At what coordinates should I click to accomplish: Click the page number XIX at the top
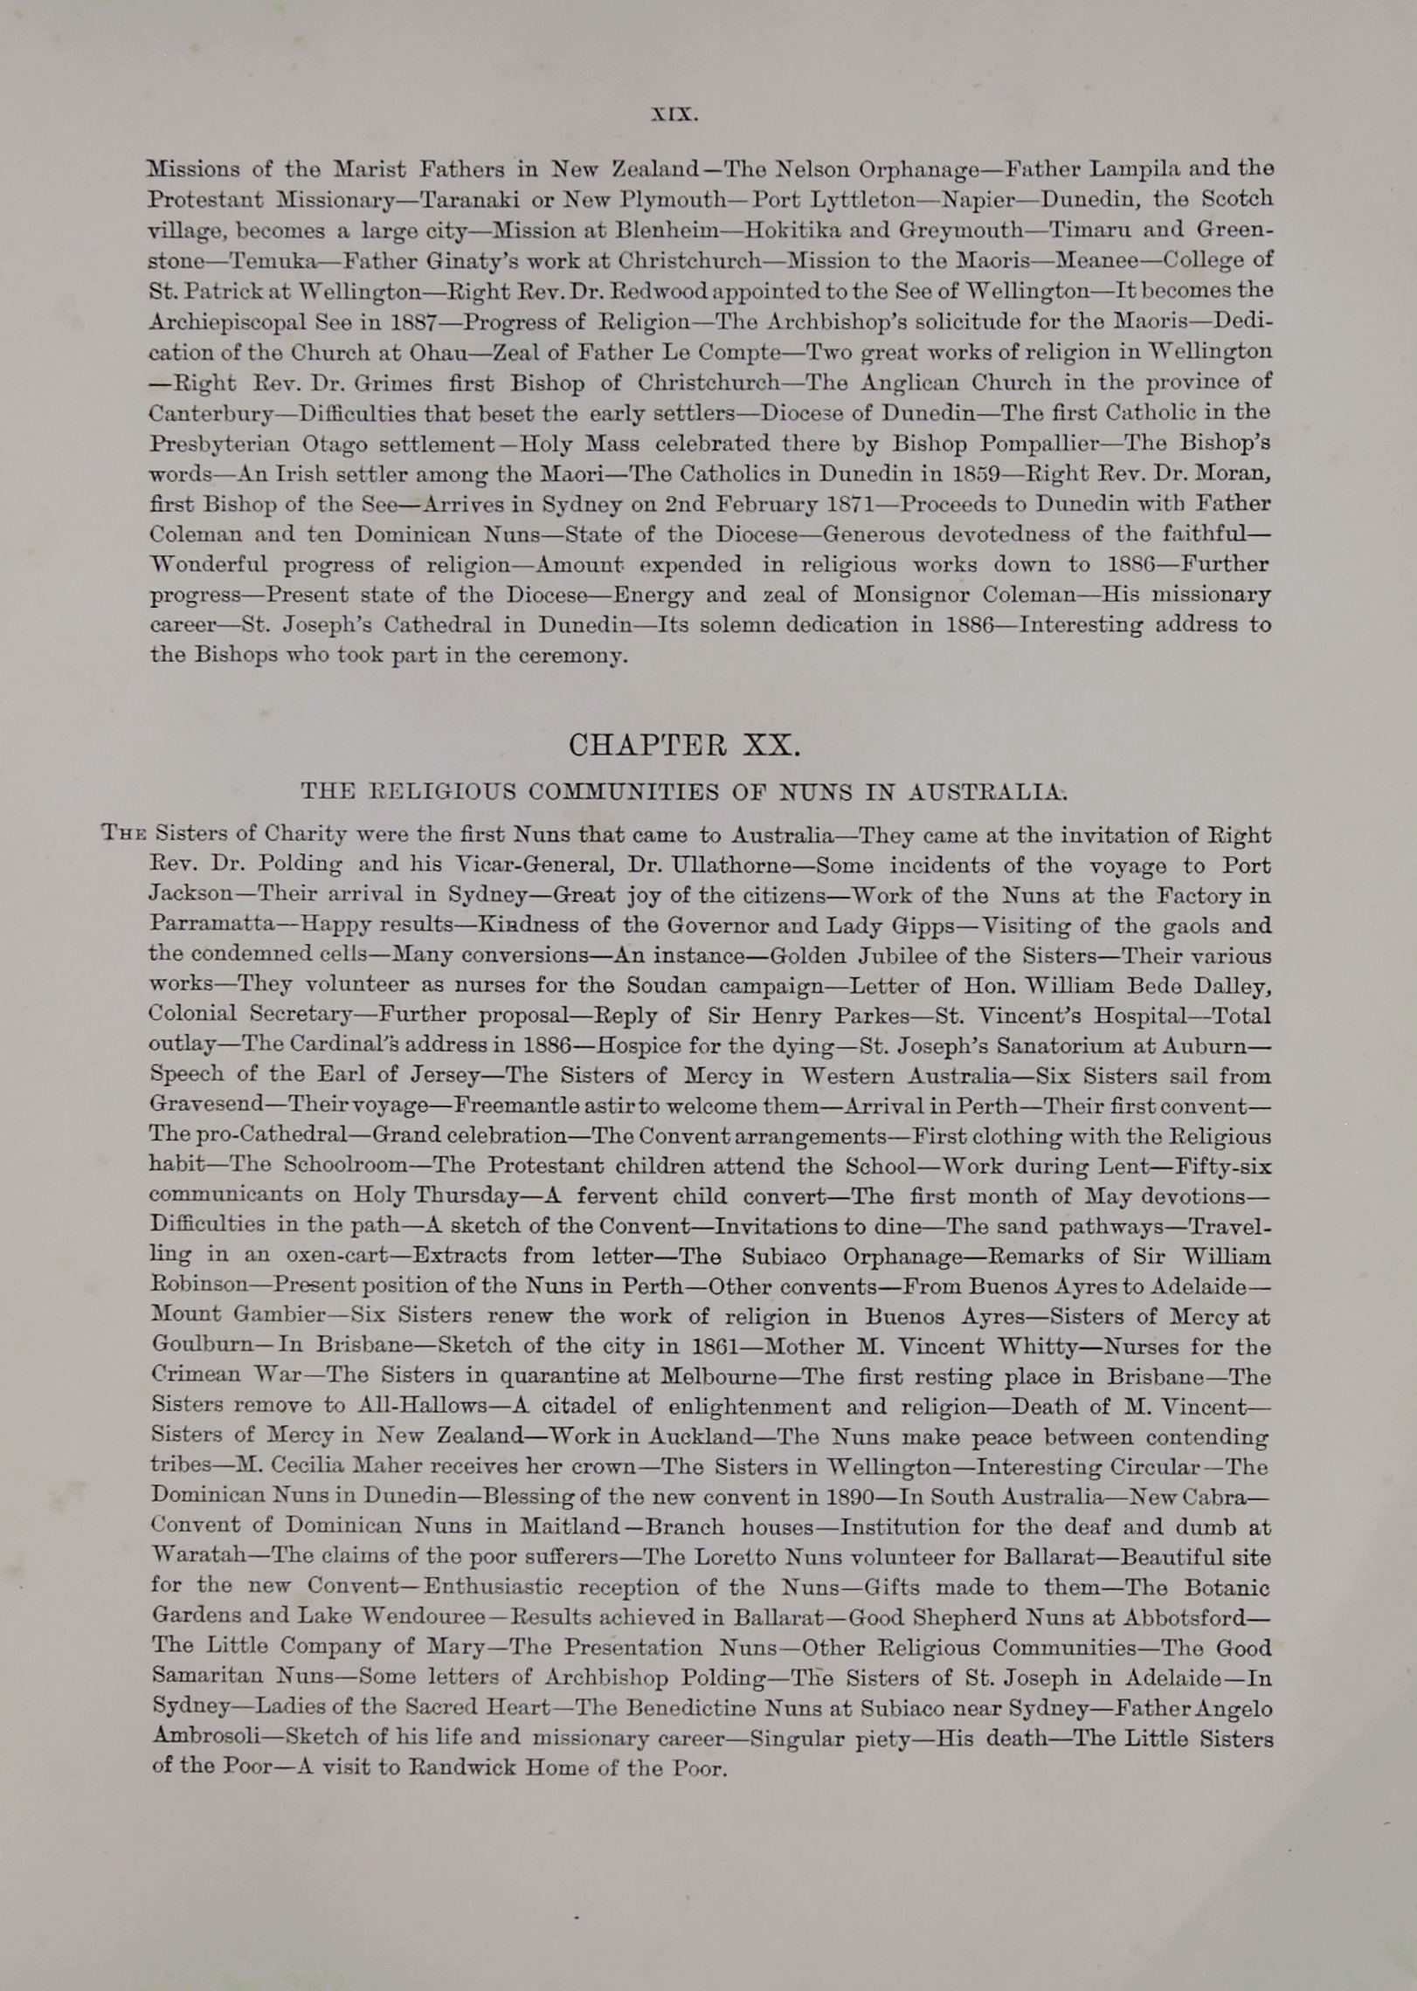tap(674, 114)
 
